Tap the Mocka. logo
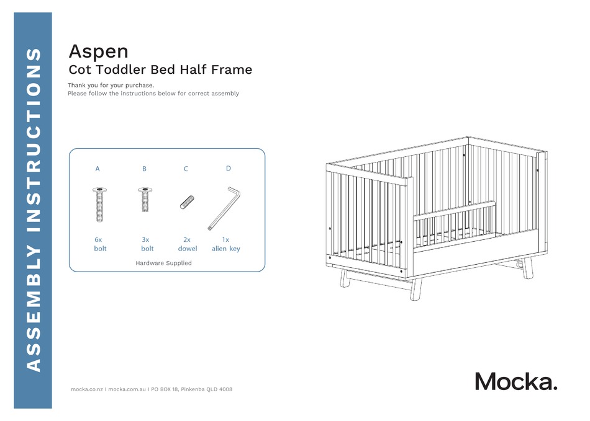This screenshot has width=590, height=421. click(516, 381)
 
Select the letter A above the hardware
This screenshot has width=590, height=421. click(98, 169)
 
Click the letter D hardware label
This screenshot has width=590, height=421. click(228, 168)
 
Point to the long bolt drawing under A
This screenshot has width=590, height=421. click(99, 204)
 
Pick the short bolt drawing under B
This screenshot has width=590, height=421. click(145, 199)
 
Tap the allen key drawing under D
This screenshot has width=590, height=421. click(224, 208)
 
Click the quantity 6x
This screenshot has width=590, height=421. click(98, 239)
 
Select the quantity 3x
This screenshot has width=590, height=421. click(145, 239)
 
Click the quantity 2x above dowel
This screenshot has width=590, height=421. click(187, 239)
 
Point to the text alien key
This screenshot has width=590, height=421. click(225, 249)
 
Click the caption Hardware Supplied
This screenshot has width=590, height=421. click(163, 264)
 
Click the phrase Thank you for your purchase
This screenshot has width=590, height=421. click(111, 85)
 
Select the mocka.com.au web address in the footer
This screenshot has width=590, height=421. click(126, 389)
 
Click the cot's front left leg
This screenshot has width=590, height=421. click(345, 280)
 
